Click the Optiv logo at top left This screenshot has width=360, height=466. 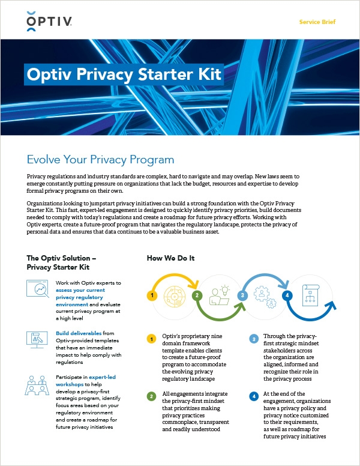(x=49, y=22)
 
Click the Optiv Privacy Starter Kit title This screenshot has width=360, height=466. (x=124, y=75)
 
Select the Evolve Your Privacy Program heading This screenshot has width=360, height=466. (x=100, y=160)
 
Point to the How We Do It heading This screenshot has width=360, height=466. (x=170, y=258)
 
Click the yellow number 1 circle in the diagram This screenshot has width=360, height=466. (x=152, y=295)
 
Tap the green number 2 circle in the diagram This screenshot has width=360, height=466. (x=196, y=295)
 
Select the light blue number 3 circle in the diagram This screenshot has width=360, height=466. (x=242, y=295)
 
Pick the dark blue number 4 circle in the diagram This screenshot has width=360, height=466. (x=287, y=295)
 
